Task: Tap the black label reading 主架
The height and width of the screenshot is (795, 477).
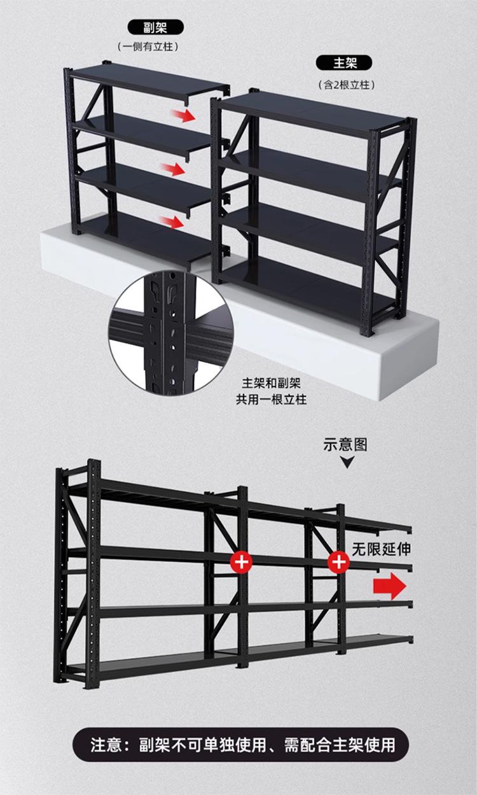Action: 345,63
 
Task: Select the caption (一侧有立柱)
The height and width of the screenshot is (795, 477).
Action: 147,46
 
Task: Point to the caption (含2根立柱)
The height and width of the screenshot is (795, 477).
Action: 345,84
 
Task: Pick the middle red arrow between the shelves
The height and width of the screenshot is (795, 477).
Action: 173,169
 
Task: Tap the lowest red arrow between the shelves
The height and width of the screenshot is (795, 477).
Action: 172,222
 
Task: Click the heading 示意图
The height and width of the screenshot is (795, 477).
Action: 345,444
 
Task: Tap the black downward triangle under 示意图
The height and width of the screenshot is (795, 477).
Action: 347,463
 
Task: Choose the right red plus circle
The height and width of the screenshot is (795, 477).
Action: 338,561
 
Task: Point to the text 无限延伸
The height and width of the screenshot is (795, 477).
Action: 382,549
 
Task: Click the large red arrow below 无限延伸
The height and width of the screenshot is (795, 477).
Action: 390,586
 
